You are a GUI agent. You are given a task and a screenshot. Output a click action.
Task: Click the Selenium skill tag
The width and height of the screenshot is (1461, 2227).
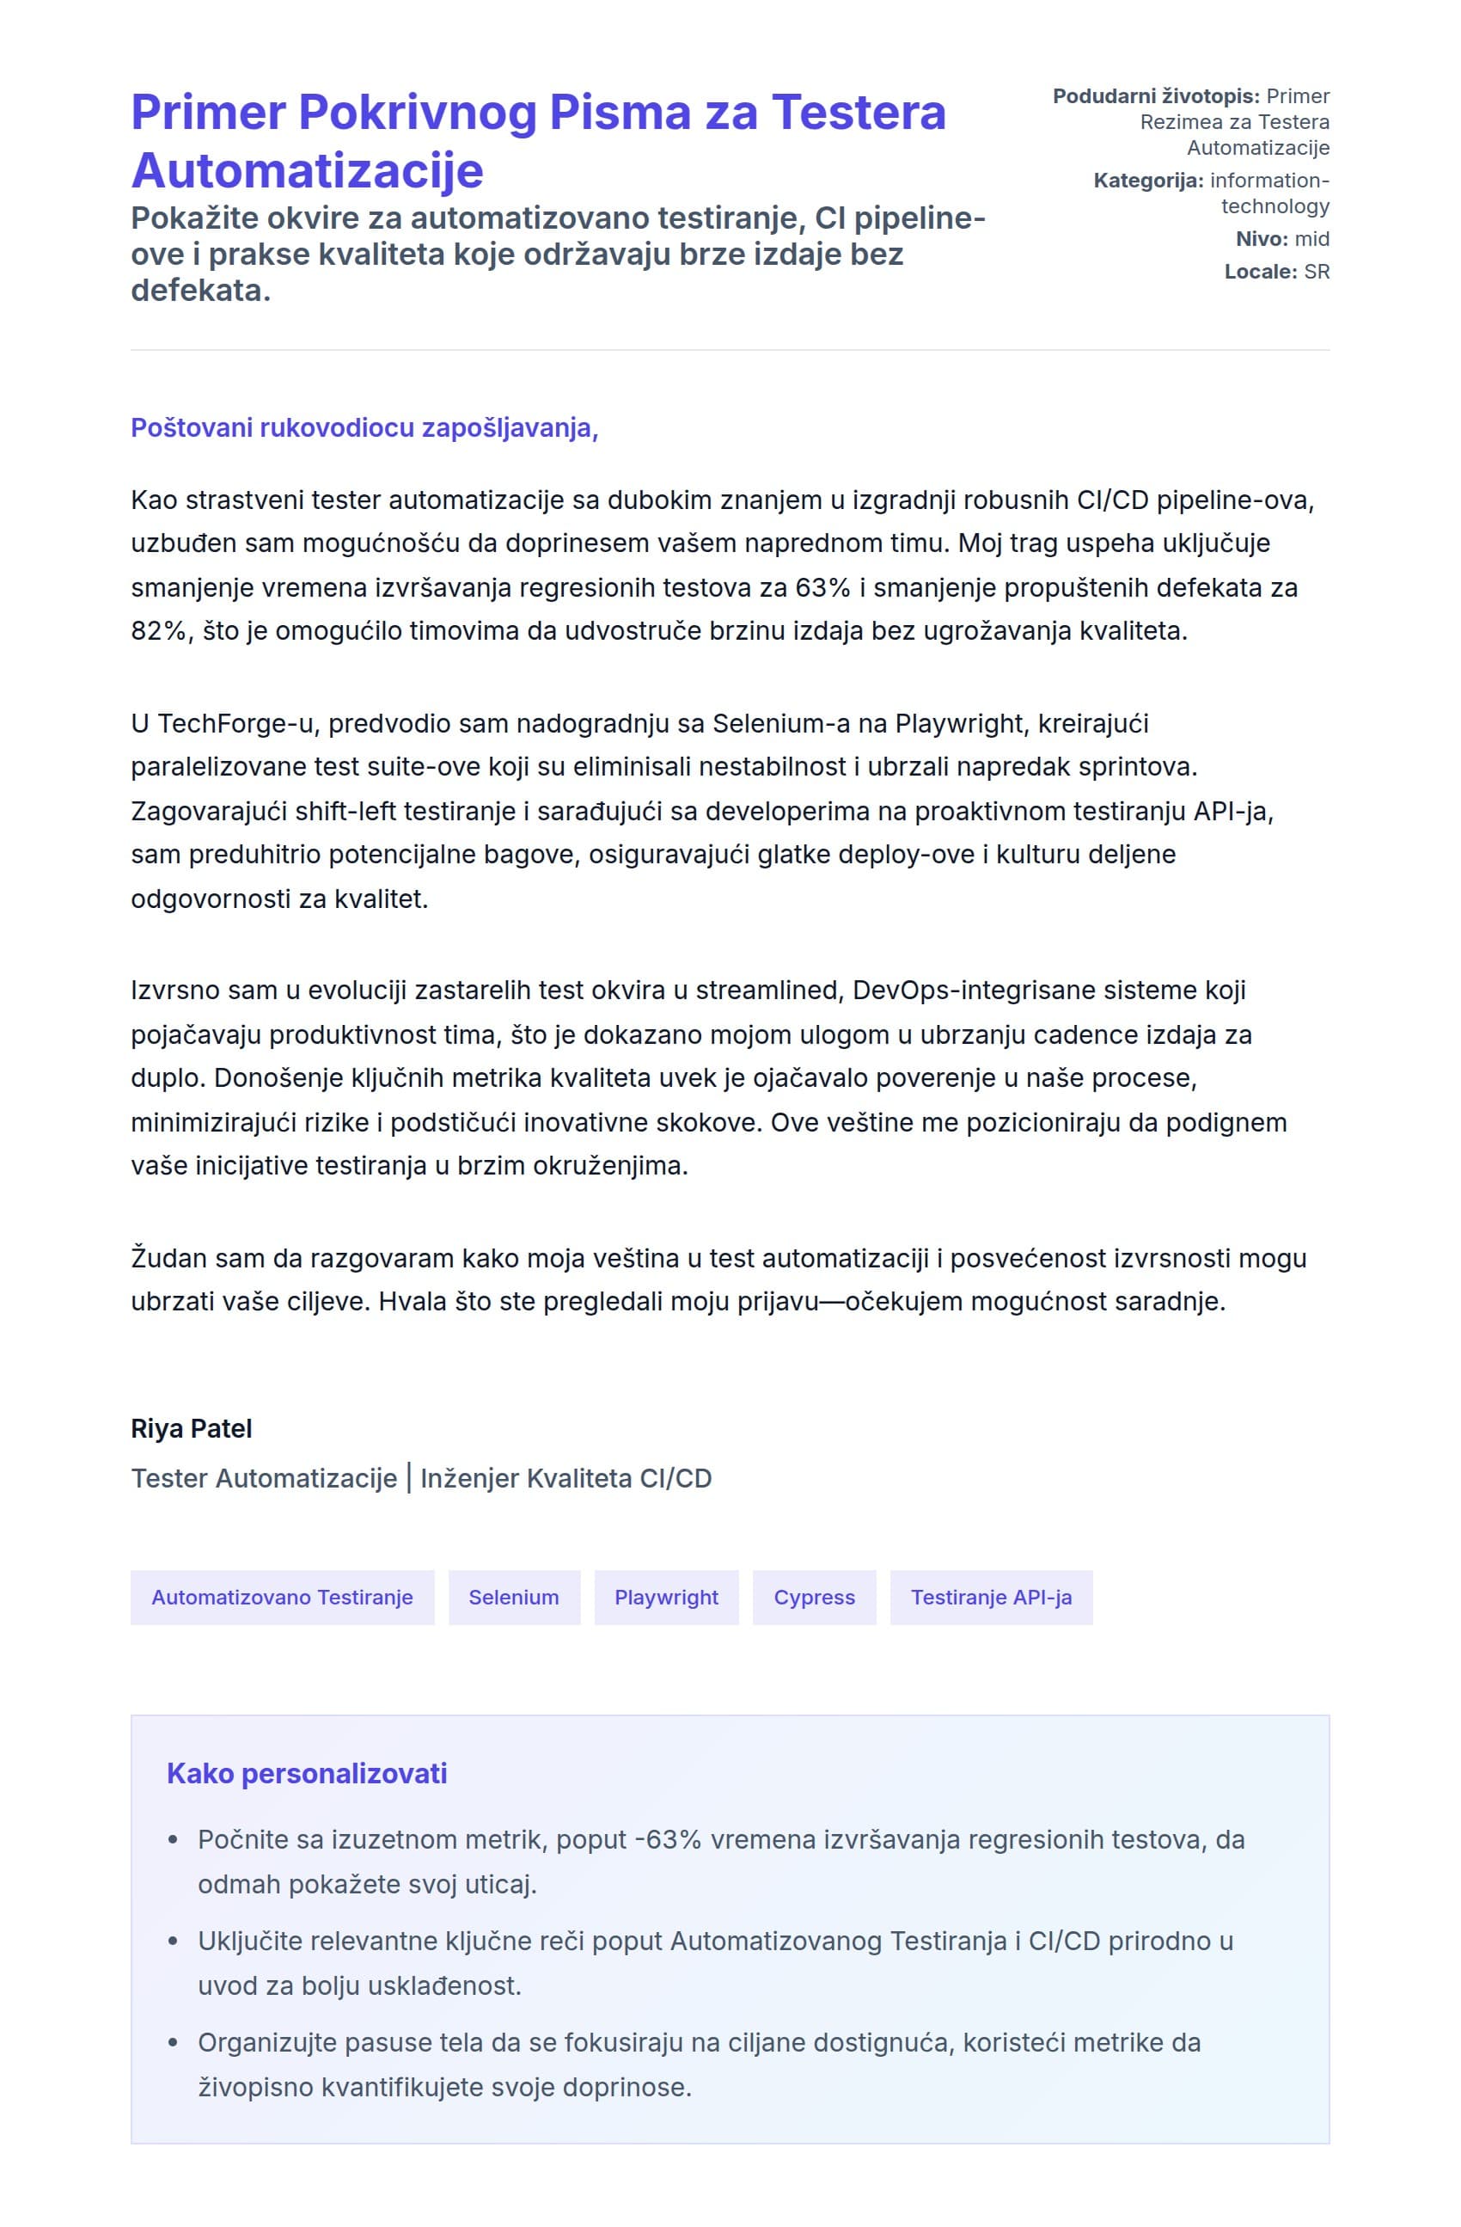(514, 1598)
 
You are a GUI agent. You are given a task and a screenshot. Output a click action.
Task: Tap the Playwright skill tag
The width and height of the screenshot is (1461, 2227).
(666, 1598)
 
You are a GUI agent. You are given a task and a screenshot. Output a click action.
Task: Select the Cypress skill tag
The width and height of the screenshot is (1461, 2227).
(814, 1598)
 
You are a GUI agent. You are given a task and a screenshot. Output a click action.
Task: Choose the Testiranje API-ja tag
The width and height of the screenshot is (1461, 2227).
(991, 1598)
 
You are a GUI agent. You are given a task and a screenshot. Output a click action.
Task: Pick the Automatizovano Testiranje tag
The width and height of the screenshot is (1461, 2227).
(282, 1598)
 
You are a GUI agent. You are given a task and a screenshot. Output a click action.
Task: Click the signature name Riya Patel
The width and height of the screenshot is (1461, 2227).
(192, 1429)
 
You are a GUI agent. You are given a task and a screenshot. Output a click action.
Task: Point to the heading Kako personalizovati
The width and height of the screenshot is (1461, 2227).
(307, 1773)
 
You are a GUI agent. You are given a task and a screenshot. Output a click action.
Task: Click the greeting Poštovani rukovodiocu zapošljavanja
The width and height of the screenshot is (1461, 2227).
(364, 427)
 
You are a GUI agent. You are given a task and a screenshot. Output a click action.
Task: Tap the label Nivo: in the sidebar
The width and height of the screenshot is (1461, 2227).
(1262, 239)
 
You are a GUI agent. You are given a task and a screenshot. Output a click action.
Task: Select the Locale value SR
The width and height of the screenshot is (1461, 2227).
(1316, 272)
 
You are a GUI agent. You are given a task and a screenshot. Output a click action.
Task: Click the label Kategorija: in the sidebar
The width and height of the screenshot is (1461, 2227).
(1147, 181)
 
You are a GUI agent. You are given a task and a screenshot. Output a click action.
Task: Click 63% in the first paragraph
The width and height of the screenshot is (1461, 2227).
(823, 587)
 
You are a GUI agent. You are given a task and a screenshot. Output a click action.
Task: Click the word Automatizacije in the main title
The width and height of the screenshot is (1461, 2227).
(307, 170)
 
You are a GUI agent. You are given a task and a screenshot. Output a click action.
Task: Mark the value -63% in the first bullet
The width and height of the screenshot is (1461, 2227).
(667, 1839)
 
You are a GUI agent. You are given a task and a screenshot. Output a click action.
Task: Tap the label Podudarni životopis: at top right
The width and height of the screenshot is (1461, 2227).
(1156, 96)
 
